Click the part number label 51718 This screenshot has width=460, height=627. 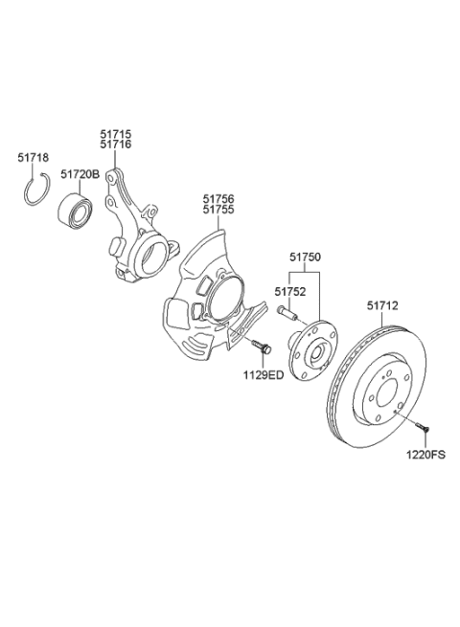point(34,157)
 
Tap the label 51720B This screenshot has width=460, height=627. point(80,175)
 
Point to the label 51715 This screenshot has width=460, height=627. point(116,134)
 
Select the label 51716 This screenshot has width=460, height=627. point(116,146)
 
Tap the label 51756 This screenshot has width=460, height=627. point(218,198)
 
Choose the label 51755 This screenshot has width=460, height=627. point(218,210)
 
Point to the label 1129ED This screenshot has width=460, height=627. point(263,375)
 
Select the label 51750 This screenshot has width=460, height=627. point(306,258)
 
